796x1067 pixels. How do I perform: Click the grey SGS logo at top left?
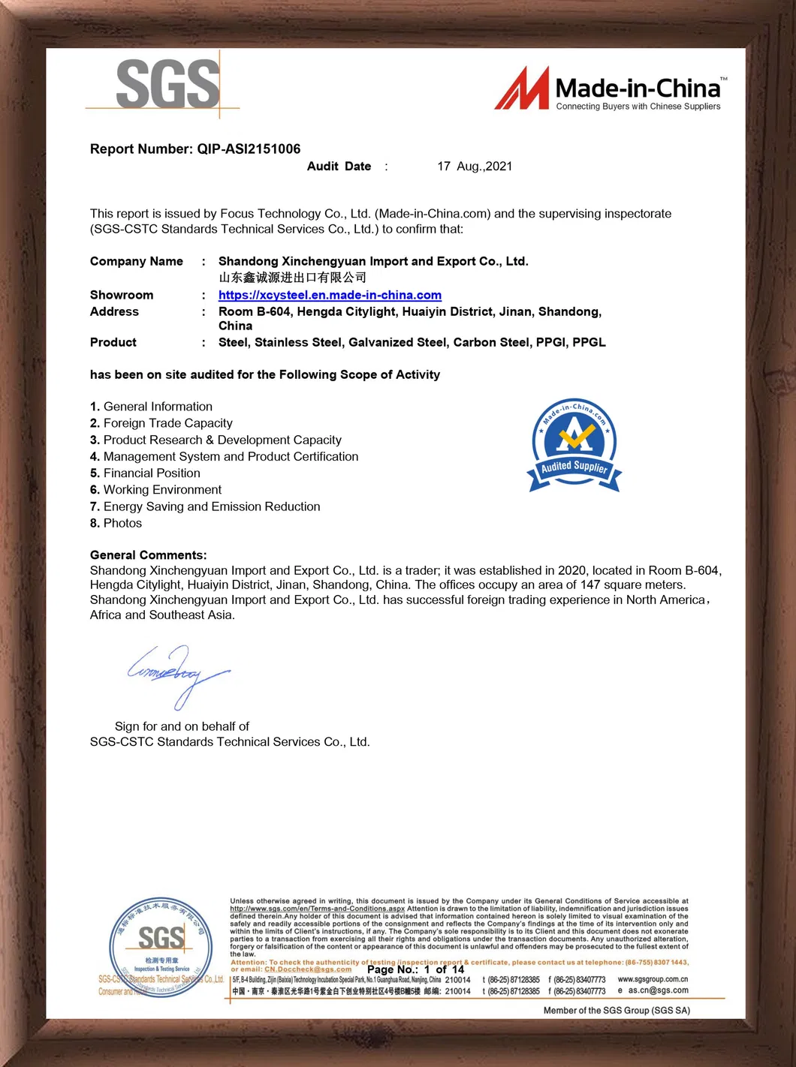pos(167,85)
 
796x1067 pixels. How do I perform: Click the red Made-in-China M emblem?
pos(522,89)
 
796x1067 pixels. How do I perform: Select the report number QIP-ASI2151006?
pos(249,149)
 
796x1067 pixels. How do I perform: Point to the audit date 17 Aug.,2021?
pos(475,167)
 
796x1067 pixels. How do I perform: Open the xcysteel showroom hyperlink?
pos(330,295)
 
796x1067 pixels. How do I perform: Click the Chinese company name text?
pos(292,278)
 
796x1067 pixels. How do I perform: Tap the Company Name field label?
pos(137,261)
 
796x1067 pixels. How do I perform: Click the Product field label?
pos(113,342)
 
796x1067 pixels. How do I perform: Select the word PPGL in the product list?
pos(589,342)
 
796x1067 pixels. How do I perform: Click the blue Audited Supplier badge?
pos(574,445)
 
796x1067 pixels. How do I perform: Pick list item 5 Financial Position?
pos(146,473)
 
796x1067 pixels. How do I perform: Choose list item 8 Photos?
pos(116,523)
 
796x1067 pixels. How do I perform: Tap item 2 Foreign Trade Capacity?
pos(161,423)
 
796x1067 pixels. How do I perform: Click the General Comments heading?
pos(148,555)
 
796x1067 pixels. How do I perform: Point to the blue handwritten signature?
pos(176,674)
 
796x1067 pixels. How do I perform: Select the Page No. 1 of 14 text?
pos(415,969)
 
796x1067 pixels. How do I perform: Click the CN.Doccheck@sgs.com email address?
pos(308,969)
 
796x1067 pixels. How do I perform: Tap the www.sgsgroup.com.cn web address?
pos(653,979)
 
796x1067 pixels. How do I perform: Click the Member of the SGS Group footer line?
pos(617,1011)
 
